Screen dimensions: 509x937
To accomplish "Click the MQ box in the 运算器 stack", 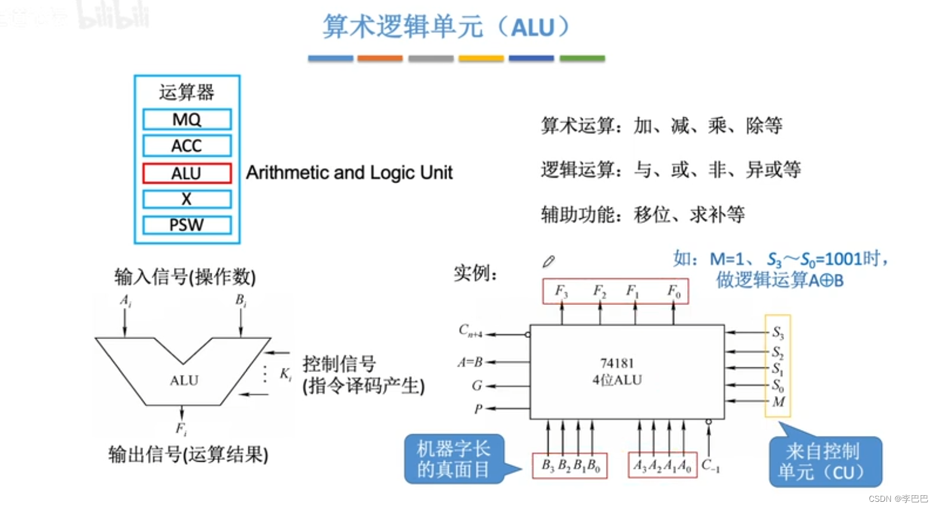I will tap(186, 119).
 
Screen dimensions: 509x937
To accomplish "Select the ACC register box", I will tap(186, 146).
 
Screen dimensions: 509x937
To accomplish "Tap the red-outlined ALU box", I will tap(186, 173).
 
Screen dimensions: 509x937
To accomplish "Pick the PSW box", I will tap(186, 225).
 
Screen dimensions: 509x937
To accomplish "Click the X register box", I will tap(186, 199).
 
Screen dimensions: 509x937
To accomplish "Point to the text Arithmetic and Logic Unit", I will tap(349, 173).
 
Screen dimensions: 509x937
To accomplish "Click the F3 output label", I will tap(561, 291).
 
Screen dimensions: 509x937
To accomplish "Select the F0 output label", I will tap(673, 291).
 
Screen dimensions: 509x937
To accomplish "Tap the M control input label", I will tap(778, 402).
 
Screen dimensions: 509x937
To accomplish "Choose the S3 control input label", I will tap(777, 333).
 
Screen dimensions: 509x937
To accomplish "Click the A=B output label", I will tap(470, 362).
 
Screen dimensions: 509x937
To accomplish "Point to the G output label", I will tap(476, 386).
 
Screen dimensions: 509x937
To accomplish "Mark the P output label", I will tap(478, 409).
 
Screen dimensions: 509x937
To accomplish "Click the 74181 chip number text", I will tap(617, 363).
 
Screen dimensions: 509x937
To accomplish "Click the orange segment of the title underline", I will tap(380, 59).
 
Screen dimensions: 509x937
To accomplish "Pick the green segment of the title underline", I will tap(582, 59).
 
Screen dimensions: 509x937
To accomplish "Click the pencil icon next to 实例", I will tap(549, 261).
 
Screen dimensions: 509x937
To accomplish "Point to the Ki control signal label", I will tap(286, 374).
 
